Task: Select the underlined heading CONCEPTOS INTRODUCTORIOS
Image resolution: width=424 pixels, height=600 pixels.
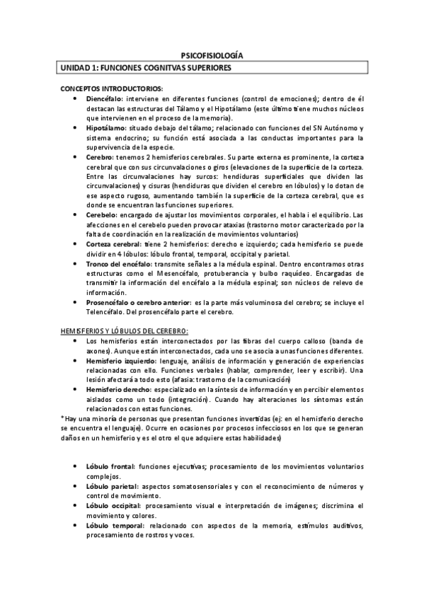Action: tap(111, 88)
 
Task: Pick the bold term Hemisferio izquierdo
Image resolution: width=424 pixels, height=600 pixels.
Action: tap(118, 361)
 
